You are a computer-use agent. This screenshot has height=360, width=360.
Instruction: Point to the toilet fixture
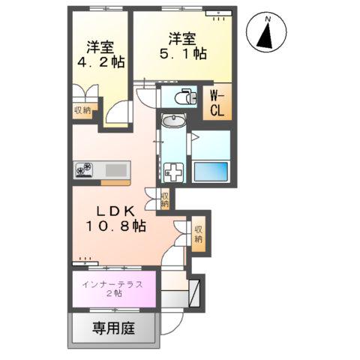coord(181,95)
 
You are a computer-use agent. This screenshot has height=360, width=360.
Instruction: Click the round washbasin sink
coord(174,121)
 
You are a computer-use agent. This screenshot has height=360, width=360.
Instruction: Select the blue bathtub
coord(211,170)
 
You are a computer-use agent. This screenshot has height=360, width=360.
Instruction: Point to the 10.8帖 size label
coord(115,224)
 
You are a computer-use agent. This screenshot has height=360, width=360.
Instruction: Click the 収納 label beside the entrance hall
coord(198,235)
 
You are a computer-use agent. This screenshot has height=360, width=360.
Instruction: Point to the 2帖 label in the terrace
coord(115,295)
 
